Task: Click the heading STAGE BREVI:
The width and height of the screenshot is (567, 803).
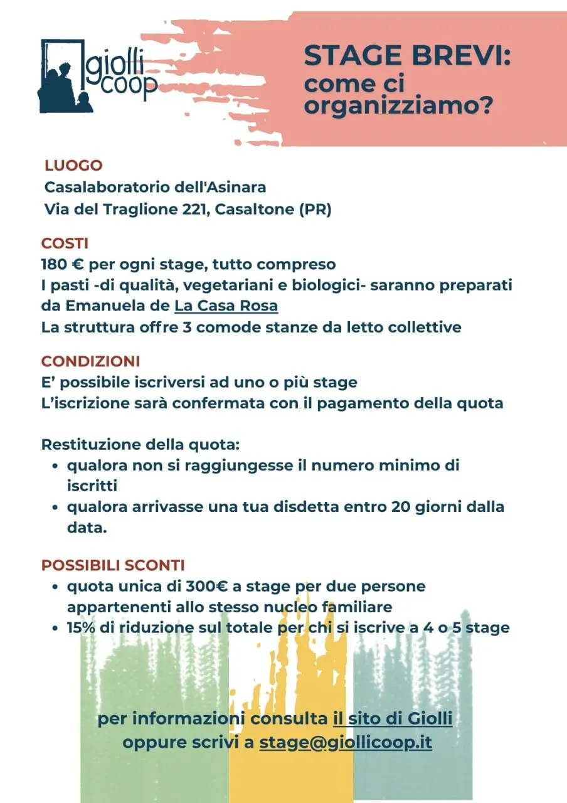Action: pos(407,56)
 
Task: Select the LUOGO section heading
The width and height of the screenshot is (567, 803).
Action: pos(73,166)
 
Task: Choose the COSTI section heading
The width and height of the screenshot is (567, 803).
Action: pos(65,243)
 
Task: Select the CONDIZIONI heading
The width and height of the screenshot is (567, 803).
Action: pos(90,361)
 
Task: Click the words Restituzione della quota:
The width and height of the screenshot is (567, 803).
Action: pos(140,445)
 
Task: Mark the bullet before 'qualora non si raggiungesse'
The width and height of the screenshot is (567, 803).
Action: pos(56,466)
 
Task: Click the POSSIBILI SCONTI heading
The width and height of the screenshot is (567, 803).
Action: pos(113,565)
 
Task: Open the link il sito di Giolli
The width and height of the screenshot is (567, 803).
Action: pos(392,718)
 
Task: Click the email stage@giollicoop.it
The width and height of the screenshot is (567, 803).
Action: pos(346,742)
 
